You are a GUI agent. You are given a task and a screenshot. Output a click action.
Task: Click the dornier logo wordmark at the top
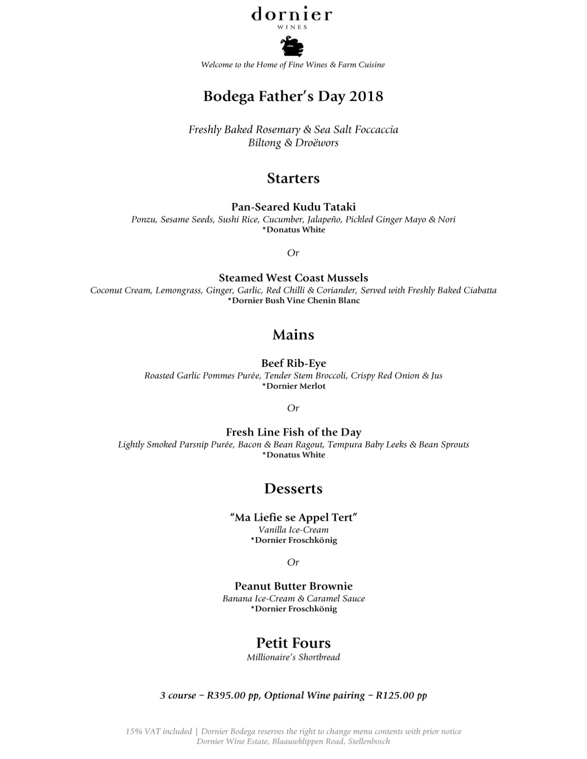291,15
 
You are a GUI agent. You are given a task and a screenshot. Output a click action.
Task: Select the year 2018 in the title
366,97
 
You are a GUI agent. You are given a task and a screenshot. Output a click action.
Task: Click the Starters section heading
293,178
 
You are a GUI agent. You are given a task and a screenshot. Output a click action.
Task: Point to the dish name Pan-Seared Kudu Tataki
293,207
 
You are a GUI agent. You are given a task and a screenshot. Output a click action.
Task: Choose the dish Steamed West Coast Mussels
293,278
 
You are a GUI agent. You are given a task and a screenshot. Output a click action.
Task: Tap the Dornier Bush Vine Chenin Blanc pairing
293,301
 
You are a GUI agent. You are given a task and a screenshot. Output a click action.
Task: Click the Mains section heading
293,334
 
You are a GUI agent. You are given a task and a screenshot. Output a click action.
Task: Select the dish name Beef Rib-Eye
293,363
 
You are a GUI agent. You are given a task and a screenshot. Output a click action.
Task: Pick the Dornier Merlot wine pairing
293,386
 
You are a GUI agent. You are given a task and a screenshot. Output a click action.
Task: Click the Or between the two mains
293,408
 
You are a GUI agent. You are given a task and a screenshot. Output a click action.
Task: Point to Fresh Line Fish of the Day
293,432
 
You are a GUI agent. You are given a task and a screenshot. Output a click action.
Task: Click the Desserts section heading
293,489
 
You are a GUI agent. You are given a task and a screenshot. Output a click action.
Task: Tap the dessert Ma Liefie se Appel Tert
293,517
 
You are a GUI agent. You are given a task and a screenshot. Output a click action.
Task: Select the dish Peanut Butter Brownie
293,586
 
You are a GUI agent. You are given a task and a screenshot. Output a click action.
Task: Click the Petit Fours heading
293,643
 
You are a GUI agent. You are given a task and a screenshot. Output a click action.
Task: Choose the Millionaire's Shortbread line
293,657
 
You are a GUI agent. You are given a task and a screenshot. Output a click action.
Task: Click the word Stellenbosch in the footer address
369,742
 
